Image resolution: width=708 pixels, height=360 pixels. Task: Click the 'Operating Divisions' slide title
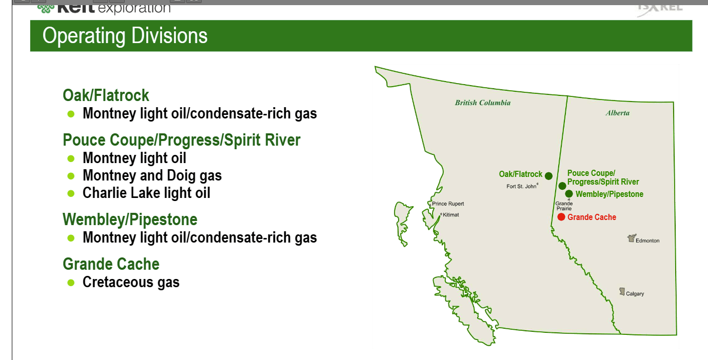click(x=125, y=36)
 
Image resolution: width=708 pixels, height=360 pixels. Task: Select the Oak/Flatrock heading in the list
click(x=106, y=95)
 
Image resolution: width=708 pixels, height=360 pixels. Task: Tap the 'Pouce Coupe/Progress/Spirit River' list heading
click(x=182, y=140)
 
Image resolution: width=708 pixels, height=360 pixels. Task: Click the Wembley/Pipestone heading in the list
click(x=130, y=219)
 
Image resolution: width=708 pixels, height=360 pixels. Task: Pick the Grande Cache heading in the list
click(x=111, y=264)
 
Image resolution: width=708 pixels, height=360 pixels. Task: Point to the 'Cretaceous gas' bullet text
click(x=131, y=282)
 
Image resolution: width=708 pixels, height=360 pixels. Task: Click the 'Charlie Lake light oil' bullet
click(x=146, y=193)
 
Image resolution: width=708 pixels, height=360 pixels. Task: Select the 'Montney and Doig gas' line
click(x=152, y=175)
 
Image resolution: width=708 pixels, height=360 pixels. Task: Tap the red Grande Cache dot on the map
click(x=561, y=217)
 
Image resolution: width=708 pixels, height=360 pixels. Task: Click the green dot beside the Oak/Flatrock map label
click(x=548, y=176)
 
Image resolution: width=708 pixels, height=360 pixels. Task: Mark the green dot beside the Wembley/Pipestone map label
click(x=569, y=194)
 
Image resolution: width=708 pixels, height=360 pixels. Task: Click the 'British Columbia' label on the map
click(x=483, y=103)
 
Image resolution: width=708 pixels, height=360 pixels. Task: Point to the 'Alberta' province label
click(x=617, y=113)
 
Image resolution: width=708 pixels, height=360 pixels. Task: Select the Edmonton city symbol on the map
click(x=632, y=238)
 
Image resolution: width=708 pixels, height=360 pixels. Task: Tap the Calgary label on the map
click(x=635, y=294)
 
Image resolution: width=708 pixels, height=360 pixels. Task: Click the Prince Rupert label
click(x=448, y=204)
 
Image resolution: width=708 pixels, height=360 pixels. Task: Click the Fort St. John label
click(x=521, y=187)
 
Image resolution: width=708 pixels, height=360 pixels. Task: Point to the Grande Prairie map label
click(x=564, y=206)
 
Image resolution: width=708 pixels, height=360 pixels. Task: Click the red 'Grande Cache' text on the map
click(x=592, y=217)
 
